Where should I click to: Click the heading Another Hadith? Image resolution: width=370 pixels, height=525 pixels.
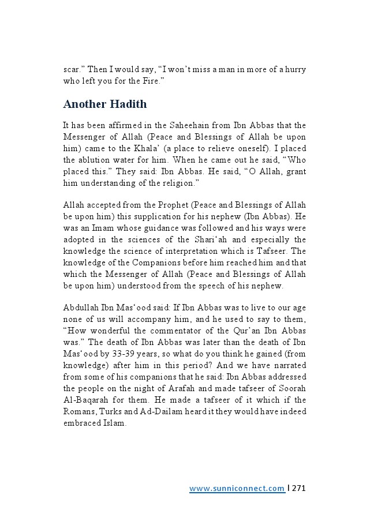[x=104, y=104]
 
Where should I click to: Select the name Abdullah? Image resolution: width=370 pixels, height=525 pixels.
[x=81, y=308]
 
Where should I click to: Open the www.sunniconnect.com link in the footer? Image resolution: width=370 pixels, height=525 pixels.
[x=237, y=488]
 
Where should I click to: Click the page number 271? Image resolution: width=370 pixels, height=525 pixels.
[x=298, y=488]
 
